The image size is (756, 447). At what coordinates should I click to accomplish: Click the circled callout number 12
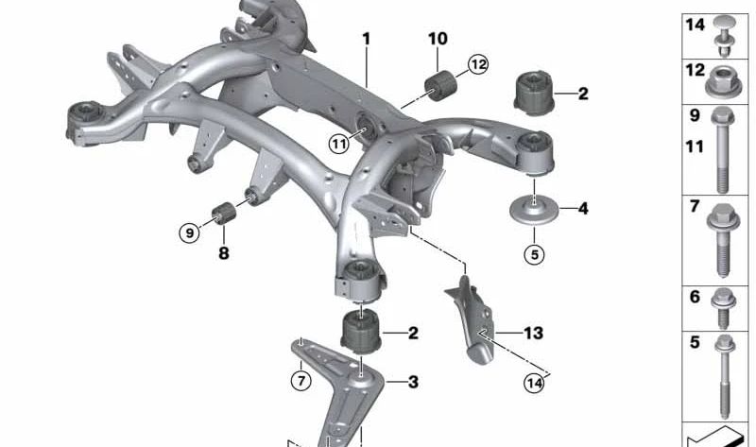coord(478,64)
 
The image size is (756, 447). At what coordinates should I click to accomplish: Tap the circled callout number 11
coord(339,144)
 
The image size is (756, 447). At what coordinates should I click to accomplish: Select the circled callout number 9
coord(190,233)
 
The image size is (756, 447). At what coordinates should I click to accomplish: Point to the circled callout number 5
coord(534,254)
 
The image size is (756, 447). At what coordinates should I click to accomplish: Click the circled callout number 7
coord(301,381)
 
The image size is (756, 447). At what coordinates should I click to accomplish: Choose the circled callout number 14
coord(534,383)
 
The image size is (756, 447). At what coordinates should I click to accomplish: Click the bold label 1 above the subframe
coord(367,39)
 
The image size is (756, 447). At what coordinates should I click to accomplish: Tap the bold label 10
coord(438,39)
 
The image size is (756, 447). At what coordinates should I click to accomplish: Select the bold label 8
coord(224,252)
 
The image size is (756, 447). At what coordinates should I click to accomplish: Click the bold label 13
coord(533,333)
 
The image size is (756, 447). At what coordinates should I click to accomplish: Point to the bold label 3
coord(413,383)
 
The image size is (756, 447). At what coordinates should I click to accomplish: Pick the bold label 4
coord(583,209)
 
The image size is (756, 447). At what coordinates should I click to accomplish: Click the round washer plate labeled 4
coord(534,211)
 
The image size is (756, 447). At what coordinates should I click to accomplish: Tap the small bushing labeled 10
coord(440,85)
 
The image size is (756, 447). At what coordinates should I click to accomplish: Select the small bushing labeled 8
coord(224,214)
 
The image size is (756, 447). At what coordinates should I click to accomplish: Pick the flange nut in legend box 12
coord(723,82)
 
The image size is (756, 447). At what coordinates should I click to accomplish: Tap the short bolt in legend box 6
coord(723,308)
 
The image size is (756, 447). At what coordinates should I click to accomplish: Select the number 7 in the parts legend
coord(695,206)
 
